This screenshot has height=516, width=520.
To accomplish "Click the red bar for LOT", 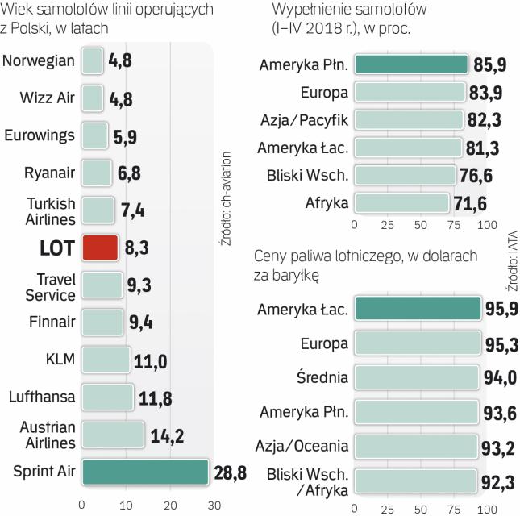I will (x=100, y=247).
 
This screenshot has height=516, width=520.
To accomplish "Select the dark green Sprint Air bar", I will (x=145, y=471).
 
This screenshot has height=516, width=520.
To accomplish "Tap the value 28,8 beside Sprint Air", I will (x=229, y=472).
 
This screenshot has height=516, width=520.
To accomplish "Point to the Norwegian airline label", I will (x=39, y=60).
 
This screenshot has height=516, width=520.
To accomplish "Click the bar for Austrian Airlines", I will (x=113, y=434).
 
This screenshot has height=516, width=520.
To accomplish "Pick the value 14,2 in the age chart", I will (x=168, y=435).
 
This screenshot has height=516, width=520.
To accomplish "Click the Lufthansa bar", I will (x=107, y=396).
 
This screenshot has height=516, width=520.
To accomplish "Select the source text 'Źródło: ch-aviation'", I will (x=227, y=193).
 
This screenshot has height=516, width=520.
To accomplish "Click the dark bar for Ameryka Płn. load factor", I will (x=411, y=64).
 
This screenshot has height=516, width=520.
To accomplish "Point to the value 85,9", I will (x=486, y=65).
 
